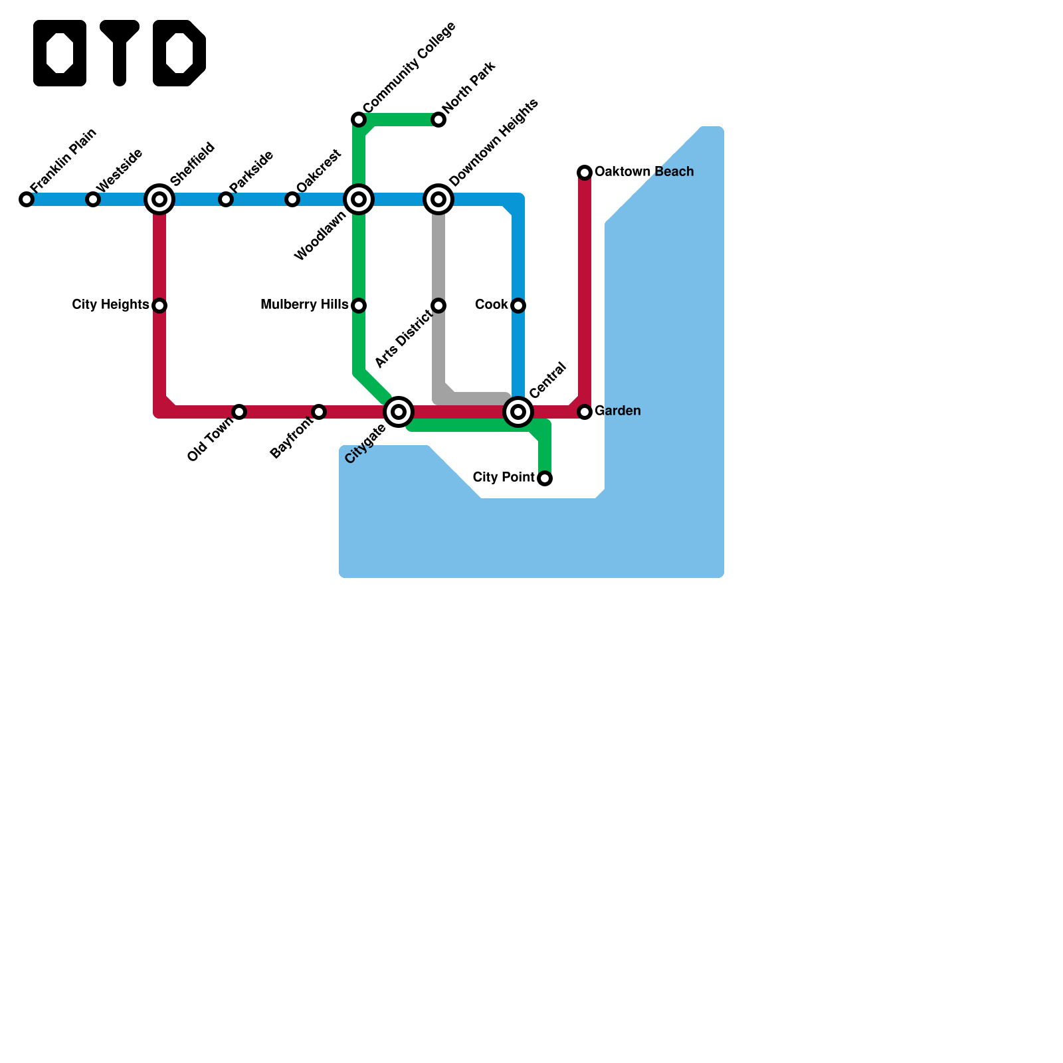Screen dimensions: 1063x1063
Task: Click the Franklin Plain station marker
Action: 27,199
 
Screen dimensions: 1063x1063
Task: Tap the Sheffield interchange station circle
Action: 159,199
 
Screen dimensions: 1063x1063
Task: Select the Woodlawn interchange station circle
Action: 359,199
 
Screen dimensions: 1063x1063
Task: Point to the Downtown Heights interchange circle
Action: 438,199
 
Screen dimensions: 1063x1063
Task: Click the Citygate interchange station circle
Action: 399,412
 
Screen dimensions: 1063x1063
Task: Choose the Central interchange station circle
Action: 518,412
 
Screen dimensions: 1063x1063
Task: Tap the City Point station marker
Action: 545,478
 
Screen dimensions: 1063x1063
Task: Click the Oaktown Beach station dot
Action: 585,173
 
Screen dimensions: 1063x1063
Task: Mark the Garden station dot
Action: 585,412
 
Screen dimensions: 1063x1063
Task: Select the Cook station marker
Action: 518,306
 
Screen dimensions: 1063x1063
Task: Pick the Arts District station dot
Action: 438,306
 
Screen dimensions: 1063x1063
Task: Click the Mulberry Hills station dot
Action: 359,306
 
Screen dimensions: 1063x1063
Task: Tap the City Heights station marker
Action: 159,306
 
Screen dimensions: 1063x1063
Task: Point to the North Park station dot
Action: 438,120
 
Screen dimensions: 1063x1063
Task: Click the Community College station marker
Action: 359,120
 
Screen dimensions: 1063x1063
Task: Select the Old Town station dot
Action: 239,412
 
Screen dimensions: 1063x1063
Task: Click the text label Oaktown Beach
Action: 644,172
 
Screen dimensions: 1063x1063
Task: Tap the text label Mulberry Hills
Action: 304,305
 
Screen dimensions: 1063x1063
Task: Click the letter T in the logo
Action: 120,53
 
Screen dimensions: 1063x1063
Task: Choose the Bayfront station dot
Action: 319,412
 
